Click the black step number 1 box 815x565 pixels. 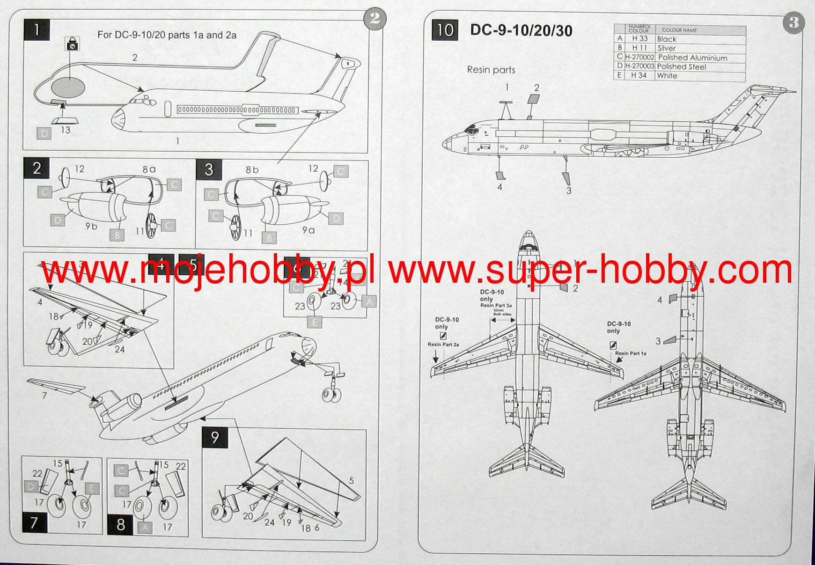[37, 30]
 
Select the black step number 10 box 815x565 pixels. [445, 30]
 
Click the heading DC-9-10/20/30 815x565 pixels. [521, 30]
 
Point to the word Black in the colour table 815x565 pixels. [667, 39]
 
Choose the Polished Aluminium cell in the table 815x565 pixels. [692, 58]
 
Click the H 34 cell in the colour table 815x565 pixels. [639, 75]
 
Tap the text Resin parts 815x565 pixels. [491, 70]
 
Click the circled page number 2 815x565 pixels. [375, 19]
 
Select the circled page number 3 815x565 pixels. [793, 22]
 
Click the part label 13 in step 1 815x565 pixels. [66, 130]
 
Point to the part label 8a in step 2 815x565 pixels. [149, 169]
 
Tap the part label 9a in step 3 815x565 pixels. [308, 230]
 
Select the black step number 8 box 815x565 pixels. [120, 524]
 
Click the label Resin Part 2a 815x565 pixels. [443, 345]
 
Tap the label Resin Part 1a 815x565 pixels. [630, 353]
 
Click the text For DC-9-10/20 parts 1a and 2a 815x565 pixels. [167, 35]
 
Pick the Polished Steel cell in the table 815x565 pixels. [681, 66]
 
